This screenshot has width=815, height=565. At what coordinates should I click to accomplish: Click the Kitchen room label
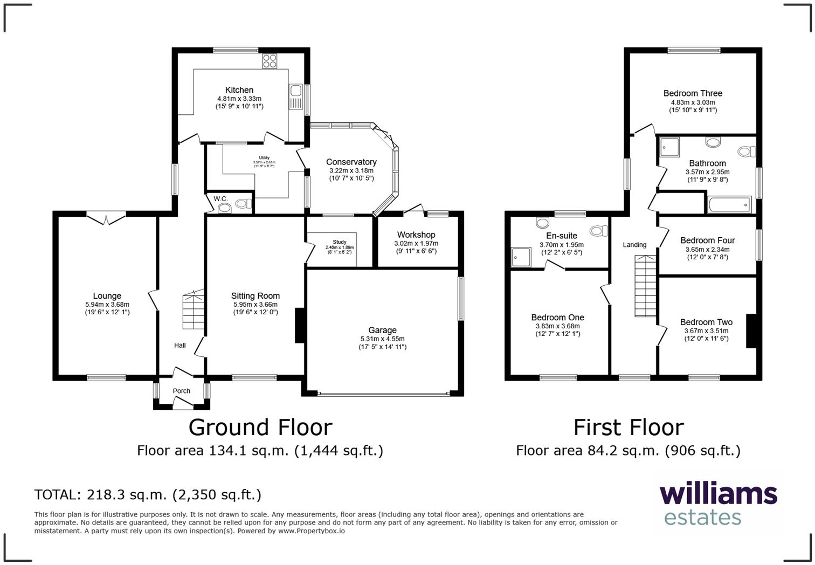239,90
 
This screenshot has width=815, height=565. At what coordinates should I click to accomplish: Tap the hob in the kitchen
270,61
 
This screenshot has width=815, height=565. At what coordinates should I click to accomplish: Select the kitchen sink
295,98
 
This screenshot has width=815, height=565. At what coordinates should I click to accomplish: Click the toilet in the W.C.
243,204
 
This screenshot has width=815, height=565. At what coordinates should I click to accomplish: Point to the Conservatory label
351,162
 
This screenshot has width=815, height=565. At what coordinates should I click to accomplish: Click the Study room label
340,242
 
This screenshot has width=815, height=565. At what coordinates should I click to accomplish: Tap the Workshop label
416,235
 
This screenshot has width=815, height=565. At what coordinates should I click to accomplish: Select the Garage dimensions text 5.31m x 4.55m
382,339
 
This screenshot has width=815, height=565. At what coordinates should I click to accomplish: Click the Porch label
181,391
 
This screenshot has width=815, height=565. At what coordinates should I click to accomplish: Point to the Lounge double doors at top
106,218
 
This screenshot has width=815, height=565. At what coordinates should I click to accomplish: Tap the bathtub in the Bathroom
729,205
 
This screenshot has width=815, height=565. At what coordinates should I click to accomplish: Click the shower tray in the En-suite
521,257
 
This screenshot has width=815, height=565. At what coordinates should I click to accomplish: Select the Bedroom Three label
693,93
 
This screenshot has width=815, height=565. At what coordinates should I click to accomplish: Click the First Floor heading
628,428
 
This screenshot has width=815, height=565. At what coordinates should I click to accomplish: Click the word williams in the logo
718,494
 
